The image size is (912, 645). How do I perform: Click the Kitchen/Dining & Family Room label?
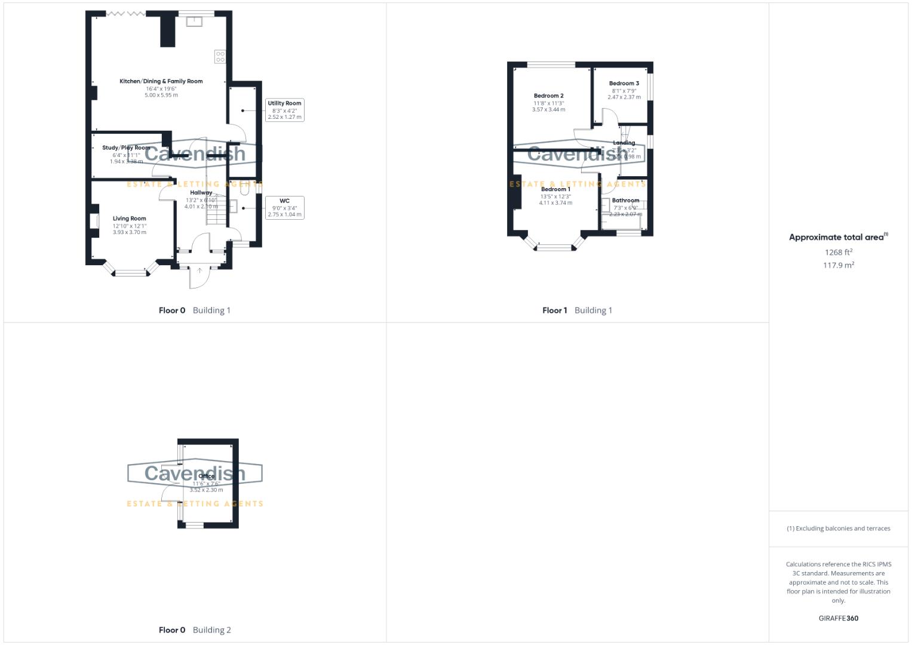click(161, 81)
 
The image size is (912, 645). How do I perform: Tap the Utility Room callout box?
click(284, 110)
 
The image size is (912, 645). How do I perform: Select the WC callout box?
click(284, 207)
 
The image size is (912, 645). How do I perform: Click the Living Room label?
click(129, 219)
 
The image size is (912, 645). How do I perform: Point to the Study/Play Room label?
click(126, 148)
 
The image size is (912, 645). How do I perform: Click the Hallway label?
click(201, 193)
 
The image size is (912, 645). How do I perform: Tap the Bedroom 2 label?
click(548, 96)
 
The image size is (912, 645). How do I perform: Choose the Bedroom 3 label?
click(624, 84)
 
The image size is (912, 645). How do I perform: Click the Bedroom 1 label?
click(555, 189)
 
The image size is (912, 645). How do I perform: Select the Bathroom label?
click(625, 201)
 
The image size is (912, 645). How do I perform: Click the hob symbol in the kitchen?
click(220, 57)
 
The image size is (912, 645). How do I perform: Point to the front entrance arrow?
click(199, 271)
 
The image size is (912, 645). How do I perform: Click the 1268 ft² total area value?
click(838, 252)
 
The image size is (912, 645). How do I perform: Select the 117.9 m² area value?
click(838, 265)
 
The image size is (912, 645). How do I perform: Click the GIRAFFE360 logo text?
click(838, 618)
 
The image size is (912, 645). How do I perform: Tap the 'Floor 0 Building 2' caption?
click(195, 629)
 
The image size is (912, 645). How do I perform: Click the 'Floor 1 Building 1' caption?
click(577, 310)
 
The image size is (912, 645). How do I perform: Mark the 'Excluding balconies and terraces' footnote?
click(838, 529)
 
